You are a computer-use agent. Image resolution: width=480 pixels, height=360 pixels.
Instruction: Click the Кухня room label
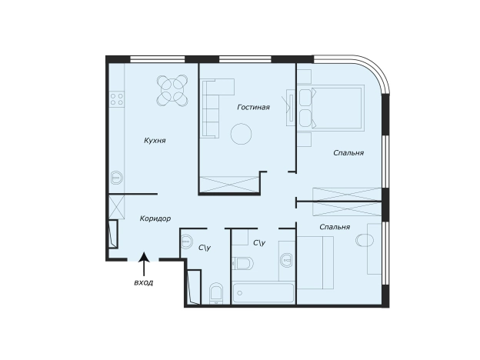(x=155, y=141)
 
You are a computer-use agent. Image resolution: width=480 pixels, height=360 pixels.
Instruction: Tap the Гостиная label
(x=254, y=107)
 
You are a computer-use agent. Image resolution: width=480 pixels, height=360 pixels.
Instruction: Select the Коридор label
(x=155, y=218)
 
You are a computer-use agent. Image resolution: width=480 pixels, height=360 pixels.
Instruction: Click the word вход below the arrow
(x=144, y=282)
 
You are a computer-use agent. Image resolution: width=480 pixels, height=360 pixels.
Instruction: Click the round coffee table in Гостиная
(x=242, y=134)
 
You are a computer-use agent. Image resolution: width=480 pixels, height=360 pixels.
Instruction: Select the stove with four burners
(x=117, y=99)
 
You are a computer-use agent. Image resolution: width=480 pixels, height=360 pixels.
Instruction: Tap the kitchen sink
(x=116, y=177)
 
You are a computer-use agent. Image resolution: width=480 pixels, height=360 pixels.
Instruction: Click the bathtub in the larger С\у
(x=263, y=293)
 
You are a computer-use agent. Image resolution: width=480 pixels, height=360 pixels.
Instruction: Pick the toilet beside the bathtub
(x=242, y=263)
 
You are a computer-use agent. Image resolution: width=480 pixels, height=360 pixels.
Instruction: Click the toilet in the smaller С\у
(x=216, y=293)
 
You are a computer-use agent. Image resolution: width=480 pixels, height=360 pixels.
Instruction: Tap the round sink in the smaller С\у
(x=186, y=242)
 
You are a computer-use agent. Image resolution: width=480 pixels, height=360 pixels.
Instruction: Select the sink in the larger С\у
(x=287, y=260)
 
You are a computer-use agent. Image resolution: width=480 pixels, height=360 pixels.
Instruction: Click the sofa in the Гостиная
(x=210, y=108)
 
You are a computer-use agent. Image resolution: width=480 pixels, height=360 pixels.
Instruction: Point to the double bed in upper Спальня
(x=338, y=108)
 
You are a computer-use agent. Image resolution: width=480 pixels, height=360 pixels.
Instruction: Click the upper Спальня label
(x=348, y=153)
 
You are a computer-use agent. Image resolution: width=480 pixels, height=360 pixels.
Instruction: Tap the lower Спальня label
(x=335, y=227)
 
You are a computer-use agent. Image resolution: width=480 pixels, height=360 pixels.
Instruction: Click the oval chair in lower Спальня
(x=365, y=240)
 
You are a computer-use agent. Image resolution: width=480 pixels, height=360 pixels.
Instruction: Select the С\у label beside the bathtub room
(x=259, y=243)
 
